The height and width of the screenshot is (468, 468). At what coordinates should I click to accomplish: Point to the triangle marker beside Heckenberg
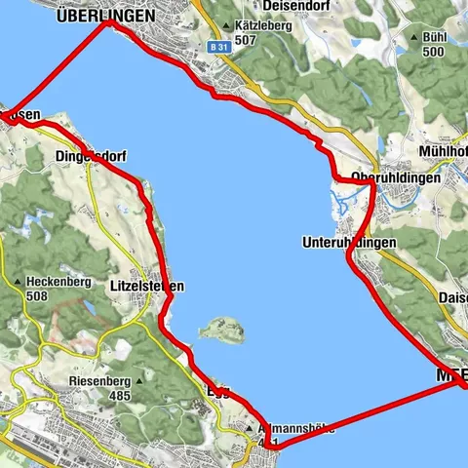pos(19,283)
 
